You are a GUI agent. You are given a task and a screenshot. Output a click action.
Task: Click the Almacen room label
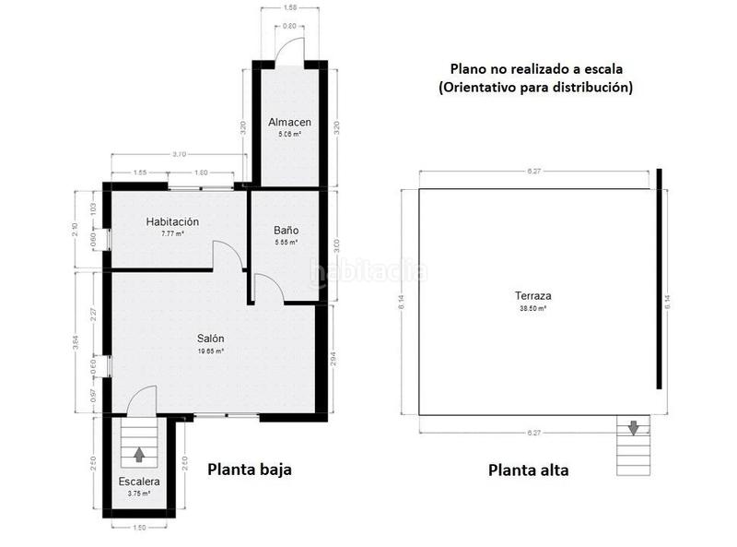[289, 123]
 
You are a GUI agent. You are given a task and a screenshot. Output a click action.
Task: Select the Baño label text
[286, 231]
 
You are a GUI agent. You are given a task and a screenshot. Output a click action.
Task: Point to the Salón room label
[210, 339]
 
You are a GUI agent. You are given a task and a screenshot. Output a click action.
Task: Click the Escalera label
[138, 482]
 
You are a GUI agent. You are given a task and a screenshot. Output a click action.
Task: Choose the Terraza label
[532, 297]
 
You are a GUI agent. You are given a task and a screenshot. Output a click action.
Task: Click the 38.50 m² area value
[532, 309]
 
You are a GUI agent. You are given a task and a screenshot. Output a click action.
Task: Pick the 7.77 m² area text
[172, 234]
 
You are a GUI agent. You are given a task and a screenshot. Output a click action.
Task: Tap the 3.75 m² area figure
[138, 493]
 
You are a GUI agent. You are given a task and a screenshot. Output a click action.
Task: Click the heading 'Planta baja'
[249, 470]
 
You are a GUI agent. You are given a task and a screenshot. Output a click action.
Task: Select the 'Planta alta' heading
[528, 470]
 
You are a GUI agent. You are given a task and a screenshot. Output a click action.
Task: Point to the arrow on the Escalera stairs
[138, 454]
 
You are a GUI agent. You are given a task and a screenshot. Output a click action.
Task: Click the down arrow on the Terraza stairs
[633, 427]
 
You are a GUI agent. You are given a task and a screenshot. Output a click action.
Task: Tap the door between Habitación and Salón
[228, 256]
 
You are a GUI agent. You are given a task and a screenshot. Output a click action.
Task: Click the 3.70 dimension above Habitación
[179, 154]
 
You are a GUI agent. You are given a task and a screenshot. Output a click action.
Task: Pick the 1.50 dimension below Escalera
[138, 528]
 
